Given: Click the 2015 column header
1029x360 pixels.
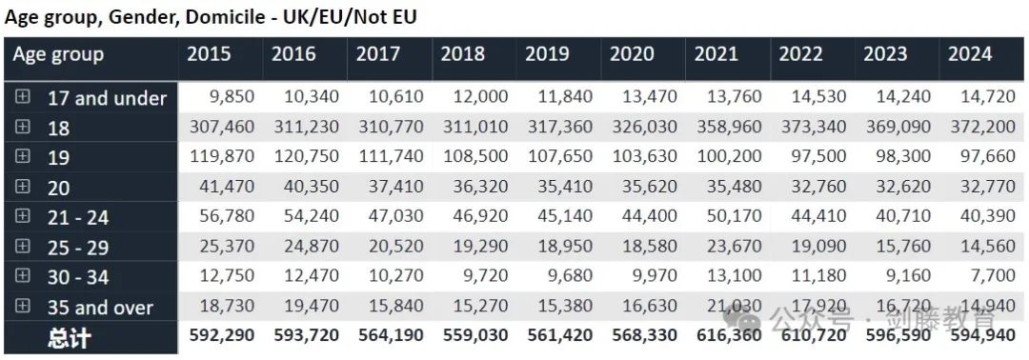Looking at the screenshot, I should coord(209,55).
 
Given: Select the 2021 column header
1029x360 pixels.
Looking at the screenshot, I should coord(716,55).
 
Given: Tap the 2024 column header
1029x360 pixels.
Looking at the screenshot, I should coord(970,55).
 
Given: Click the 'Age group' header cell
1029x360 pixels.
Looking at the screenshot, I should coord(58,55).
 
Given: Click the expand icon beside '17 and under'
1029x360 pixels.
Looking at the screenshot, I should coord(23,97).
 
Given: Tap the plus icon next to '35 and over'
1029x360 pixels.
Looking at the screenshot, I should coord(23,307).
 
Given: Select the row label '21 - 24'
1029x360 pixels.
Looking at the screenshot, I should coord(78,218).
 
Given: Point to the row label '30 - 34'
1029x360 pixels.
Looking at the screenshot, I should coord(78,277).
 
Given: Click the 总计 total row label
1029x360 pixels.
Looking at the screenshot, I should coord(69,337).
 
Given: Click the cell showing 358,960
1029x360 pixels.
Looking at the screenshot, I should coord(726,128).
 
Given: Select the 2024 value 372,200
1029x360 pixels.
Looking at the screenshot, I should coord(979,128).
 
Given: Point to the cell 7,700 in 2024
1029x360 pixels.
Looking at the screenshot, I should coord(992,277).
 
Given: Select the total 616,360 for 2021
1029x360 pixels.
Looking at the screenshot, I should coord(726,336).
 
